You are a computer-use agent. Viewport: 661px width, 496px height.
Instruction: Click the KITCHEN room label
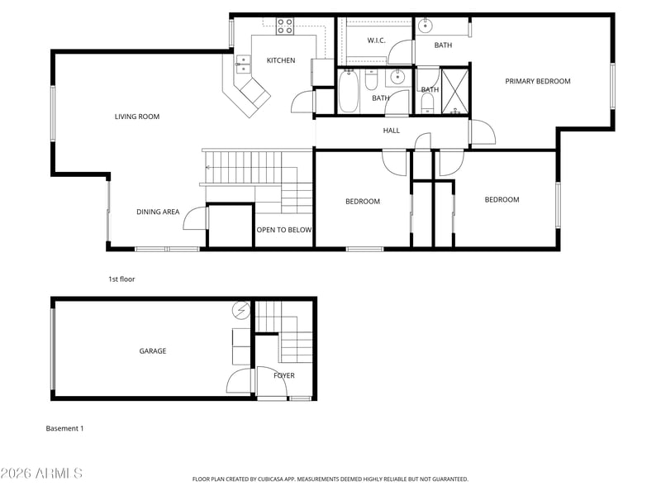[x=281, y=60]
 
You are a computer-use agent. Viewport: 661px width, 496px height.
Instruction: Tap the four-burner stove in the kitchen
[x=285, y=26]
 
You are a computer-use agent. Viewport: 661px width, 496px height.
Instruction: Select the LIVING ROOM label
[x=137, y=117]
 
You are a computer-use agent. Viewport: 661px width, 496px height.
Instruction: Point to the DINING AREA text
[x=158, y=212]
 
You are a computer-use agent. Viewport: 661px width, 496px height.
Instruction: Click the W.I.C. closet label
[x=376, y=41]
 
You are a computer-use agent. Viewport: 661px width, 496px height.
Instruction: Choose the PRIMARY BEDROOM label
[x=538, y=81]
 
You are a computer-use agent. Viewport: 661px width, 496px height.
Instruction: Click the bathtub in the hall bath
[x=349, y=91]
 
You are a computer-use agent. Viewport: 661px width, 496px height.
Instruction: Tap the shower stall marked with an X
[x=455, y=92]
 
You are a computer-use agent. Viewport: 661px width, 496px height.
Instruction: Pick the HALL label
[x=391, y=131]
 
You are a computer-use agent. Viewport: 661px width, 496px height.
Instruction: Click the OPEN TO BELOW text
[x=284, y=230]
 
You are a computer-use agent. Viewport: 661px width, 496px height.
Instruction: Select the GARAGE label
[x=153, y=351]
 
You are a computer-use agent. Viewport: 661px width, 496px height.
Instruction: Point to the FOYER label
[x=284, y=375]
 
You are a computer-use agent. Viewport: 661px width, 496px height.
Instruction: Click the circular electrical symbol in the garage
[x=241, y=311]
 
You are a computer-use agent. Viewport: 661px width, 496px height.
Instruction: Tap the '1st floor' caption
[x=121, y=279]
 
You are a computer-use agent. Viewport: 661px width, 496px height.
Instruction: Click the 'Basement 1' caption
[x=65, y=428]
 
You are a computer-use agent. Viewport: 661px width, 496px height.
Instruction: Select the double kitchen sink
[x=243, y=64]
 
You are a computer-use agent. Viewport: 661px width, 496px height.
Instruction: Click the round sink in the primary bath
[x=426, y=26]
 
